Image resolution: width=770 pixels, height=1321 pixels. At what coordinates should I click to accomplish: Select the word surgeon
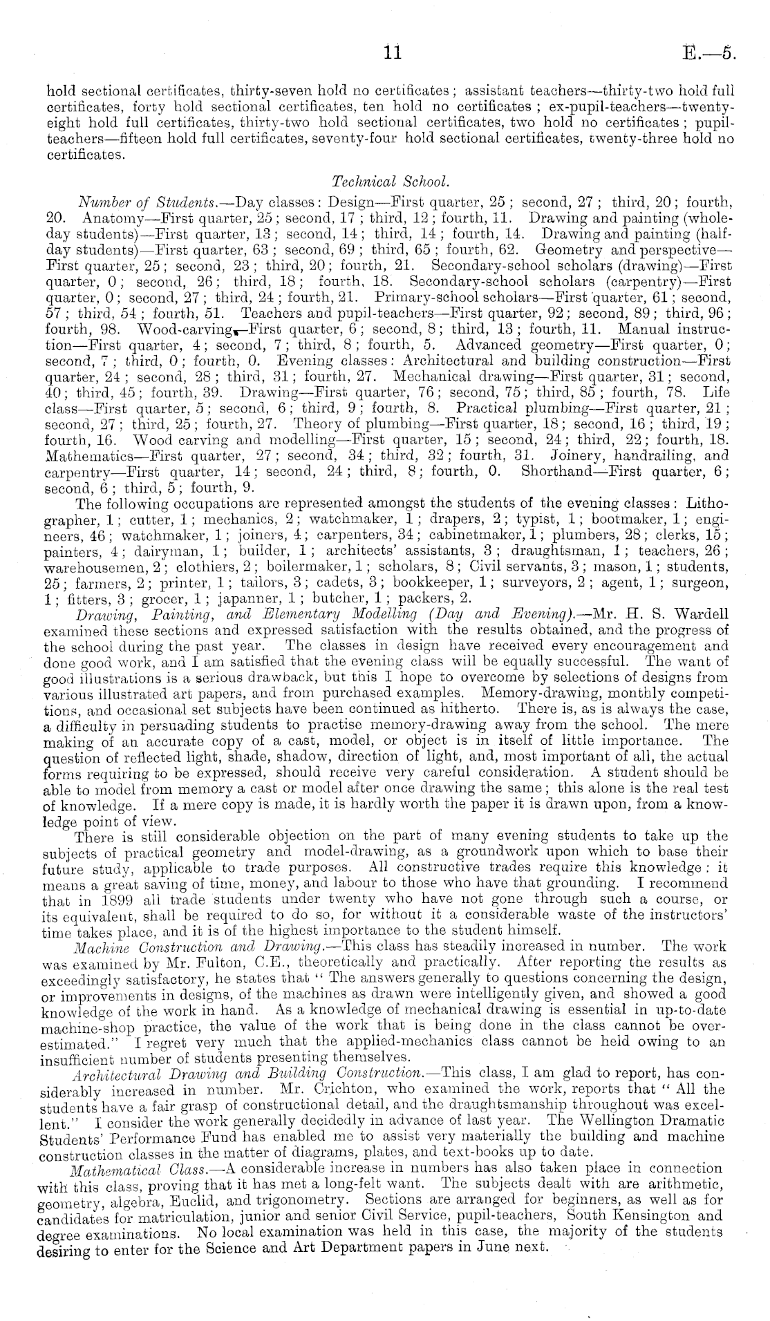click(x=702, y=582)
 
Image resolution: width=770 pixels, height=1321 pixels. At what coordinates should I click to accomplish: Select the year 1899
click(x=108, y=900)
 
